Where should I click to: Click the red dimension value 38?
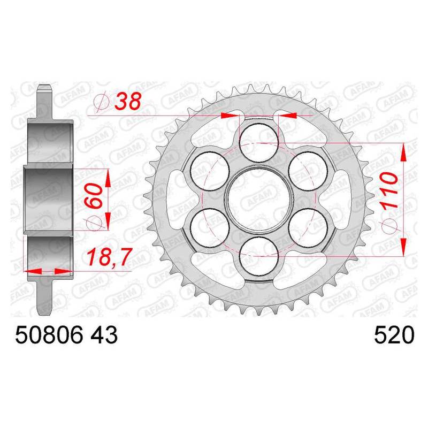click(127, 101)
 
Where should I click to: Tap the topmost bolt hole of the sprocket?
click(259, 143)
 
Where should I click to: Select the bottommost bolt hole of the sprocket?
click(259, 256)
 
